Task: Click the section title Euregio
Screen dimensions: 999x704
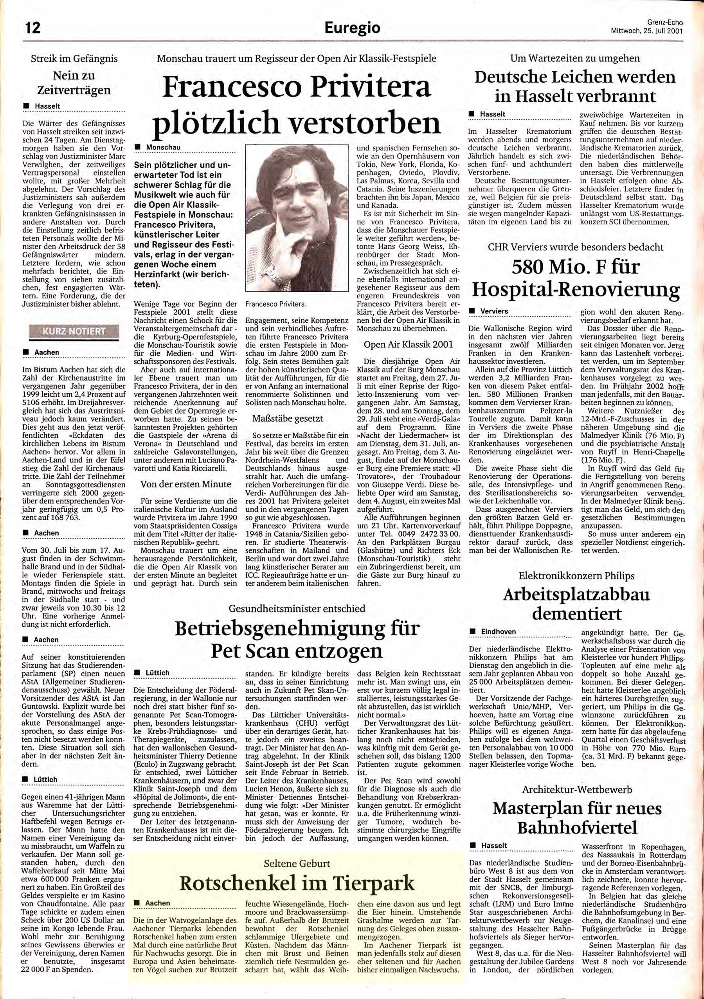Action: point(352,28)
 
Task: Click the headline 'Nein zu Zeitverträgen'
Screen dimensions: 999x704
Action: point(74,83)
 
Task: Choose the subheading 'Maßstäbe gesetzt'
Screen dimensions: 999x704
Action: point(288,419)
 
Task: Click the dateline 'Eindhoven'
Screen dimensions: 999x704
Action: point(498,631)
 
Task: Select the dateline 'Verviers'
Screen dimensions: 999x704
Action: point(494,311)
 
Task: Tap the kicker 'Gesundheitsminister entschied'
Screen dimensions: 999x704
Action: point(297,609)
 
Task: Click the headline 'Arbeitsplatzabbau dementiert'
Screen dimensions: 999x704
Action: point(576,604)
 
